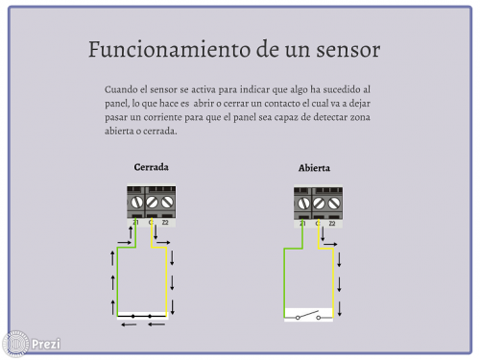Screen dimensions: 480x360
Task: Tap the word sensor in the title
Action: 348,50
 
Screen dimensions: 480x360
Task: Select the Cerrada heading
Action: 151,167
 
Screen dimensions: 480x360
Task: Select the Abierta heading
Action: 314,168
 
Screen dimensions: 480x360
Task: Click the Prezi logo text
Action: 46,345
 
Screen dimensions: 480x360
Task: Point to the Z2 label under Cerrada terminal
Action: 165,223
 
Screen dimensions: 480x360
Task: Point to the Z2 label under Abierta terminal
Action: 332,224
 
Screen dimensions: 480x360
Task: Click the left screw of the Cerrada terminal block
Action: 136,203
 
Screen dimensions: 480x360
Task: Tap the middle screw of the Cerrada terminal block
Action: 152,203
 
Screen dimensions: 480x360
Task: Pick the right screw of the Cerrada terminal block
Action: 167,203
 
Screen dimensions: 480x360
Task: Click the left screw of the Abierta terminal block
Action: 303,204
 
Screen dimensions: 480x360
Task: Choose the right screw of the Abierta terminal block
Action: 334,204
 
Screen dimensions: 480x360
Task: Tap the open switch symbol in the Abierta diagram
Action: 308,315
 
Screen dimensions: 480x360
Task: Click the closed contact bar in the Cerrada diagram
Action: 142,316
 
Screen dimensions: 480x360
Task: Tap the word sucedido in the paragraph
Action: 342,89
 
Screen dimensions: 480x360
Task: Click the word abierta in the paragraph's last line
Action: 119,131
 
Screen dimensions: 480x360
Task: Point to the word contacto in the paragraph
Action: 282,104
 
